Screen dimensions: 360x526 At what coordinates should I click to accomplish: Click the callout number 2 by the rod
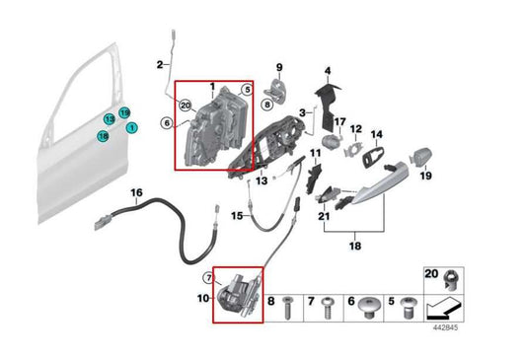tap(159, 65)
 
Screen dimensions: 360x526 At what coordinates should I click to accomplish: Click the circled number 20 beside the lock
tap(185, 103)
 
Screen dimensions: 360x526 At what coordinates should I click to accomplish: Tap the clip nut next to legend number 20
tap(451, 277)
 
